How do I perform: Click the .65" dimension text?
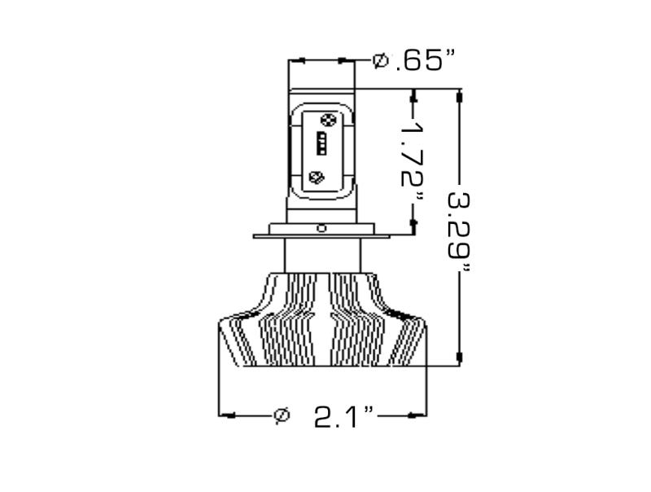click(x=424, y=60)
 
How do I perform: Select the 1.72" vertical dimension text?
click(x=414, y=163)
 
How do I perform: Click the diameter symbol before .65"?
click(x=380, y=60)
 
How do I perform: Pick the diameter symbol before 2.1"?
click(x=281, y=415)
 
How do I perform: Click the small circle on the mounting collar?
click(x=322, y=229)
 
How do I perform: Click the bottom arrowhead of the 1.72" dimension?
click(x=413, y=222)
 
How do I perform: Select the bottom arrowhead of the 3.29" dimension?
click(x=461, y=357)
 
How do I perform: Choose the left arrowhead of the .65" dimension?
click(x=296, y=59)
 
